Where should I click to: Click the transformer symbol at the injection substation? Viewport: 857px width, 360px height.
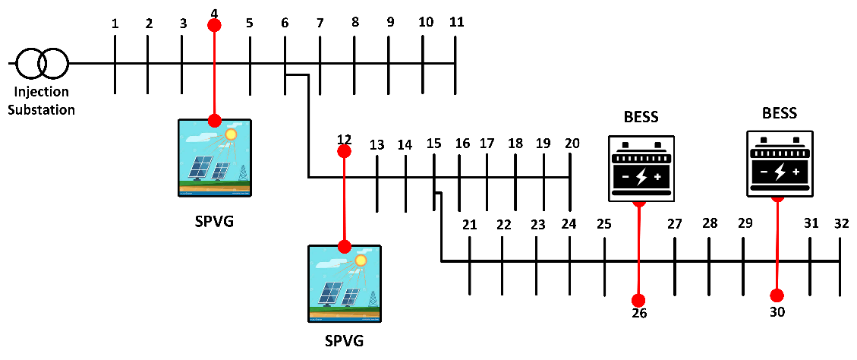43,64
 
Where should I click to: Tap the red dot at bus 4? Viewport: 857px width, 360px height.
214,25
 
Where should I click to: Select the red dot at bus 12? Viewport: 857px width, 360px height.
344,151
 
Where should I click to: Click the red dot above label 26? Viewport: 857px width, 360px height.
638,299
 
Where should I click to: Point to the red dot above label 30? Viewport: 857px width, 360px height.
777,295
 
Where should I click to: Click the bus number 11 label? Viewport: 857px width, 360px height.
456,21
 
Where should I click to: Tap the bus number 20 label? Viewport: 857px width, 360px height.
572,143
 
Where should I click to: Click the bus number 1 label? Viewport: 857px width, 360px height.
115,24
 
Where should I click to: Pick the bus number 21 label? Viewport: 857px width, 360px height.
470,225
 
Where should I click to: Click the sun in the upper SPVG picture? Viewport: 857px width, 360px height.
231,134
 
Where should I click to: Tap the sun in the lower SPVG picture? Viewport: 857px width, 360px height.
361,261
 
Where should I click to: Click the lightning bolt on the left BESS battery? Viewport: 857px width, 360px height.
641,177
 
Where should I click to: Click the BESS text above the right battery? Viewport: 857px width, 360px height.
780,114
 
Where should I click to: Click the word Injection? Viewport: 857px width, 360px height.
43,92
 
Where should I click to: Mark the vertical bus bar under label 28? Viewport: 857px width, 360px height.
709,266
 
